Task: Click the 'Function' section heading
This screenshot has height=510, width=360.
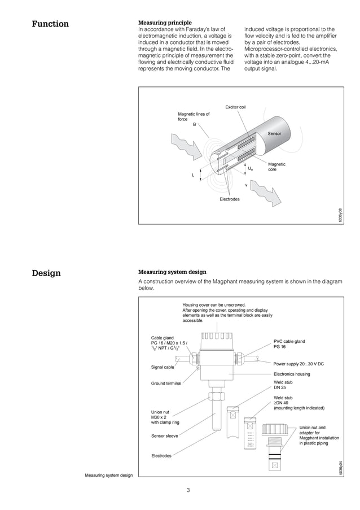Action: (x=50, y=24)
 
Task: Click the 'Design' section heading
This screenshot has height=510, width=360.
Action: (x=46, y=273)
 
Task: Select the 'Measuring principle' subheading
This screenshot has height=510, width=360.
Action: (x=165, y=22)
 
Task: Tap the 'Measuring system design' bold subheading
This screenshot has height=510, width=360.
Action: (x=172, y=272)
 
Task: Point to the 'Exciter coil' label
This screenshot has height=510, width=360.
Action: (x=235, y=107)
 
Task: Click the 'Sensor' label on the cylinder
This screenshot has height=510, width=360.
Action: (x=274, y=133)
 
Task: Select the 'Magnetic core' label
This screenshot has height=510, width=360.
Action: (x=276, y=167)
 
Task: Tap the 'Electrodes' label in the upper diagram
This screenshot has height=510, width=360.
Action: (x=230, y=199)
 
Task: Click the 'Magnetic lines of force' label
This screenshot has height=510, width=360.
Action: (x=194, y=116)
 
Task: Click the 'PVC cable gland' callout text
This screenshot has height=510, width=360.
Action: (x=289, y=344)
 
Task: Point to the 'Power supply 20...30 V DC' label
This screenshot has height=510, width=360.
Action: (x=298, y=364)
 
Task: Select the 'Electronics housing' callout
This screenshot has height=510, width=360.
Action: (x=292, y=374)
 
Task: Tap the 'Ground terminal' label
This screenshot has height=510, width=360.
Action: (x=166, y=383)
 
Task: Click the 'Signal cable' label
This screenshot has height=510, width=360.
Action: (x=163, y=367)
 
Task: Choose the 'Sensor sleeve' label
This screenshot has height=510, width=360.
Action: (x=165, y=435)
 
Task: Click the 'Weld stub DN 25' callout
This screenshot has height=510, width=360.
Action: (x=283, y=385)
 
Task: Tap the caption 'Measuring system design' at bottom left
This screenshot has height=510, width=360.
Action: (x=109, y=476)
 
